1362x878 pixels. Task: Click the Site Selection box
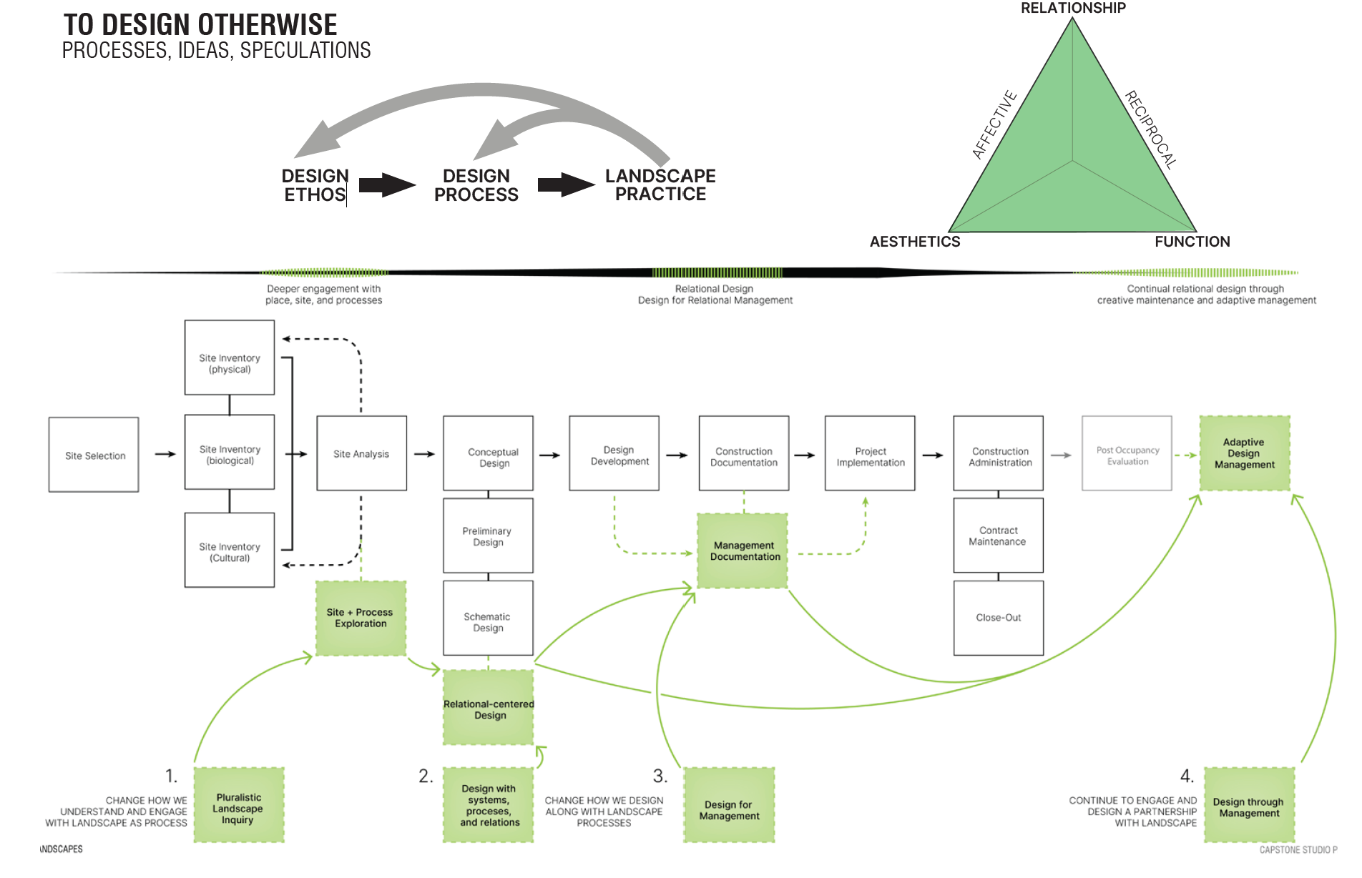click(x=94, y=455)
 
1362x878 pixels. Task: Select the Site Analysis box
click(x=361, y=453)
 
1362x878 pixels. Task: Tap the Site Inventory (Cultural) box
click(x=230, y=551)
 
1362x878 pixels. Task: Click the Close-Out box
click(x=998, y=618)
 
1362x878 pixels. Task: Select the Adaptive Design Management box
click(x=1245, y=453)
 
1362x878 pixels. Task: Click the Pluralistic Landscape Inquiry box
click(x=239, y=805)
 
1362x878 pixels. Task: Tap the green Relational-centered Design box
click(x=489, y=708)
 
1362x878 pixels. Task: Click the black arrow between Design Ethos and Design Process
click(x=386, y=185)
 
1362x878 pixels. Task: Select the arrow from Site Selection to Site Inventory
click(x=165, y=454)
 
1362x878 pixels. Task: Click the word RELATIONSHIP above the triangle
click(x=1073, y=8)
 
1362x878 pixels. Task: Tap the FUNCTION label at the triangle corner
click(x=1192, y=242)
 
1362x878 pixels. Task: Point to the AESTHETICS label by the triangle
click(x=915, y=242)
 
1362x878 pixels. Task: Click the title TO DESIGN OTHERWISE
click(x=200, y=25)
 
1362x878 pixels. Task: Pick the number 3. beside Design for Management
click(x=660, y=776)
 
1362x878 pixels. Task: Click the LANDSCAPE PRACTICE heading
click(x=660, y=185)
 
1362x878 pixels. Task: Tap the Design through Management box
click(x=1249, y=805)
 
